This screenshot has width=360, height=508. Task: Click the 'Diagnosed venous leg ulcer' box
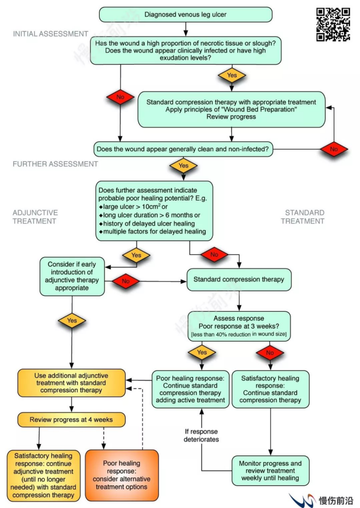pyautogui.click(x=185, y=15)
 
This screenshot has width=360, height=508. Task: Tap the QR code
pyautogui.click(x=333, y=24)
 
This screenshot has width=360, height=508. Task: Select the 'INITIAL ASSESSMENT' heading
pyautogui.click(x=50, y=34)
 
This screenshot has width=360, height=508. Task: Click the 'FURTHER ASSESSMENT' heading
pyautogui.click(x=55, y=164)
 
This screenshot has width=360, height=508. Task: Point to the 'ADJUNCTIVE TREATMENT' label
pyautogui.click(x=35, y=217)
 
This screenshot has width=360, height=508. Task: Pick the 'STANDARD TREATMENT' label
pyautogui.click(x=304, y=217)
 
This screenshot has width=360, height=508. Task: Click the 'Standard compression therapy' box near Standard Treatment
pyautogui.click(x=239, y=279)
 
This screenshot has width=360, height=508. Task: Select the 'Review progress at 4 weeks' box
pyautogui.click(x=71, y=420)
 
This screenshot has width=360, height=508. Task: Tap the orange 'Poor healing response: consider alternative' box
pyautogui.click(x=122, y=475)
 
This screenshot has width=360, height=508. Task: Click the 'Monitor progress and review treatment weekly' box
pyautogui.click(x=271, y=471)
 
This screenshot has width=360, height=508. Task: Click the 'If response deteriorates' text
pyautogui.click(x=201, y=435)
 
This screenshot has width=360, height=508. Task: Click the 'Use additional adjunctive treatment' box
pyautogui.click(x=72, y=383)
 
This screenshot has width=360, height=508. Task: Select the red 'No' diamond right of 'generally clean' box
pyautogui.click(x=334, y=149)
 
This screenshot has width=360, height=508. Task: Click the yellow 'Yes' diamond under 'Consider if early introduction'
pyautogui.click(x=72, y=320)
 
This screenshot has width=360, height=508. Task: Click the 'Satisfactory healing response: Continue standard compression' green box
pyautogui.click(x=270, y=389)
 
